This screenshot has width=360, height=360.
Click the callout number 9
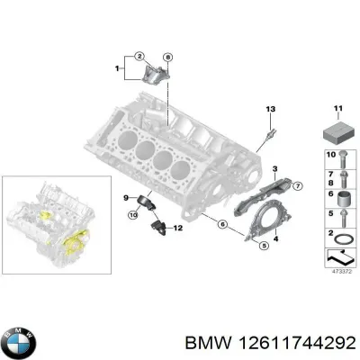pyautogui.click(x=127, y=196)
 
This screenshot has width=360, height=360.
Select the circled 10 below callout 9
pyautogui.click(x=131, y=214)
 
